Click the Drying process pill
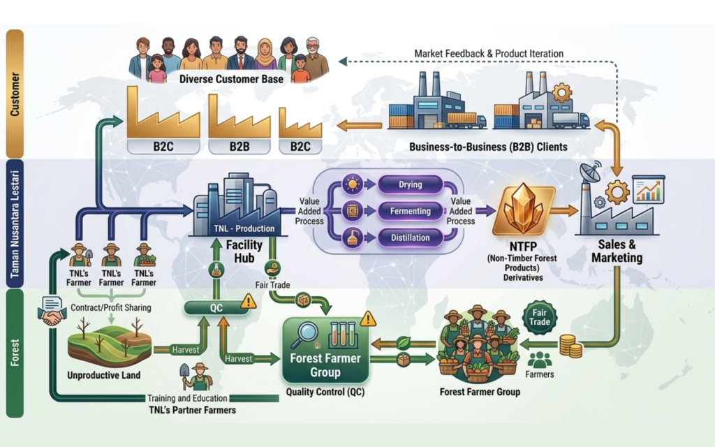(x=409, y=185)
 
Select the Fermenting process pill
(x=409, y=211)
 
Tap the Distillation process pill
(x=409, y=237)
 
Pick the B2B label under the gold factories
(x=238, y=147)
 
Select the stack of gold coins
(x=570, y=345)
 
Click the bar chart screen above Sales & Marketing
(x=649, y=189)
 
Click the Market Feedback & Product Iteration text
(x=489, y=54)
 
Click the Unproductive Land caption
(x=103, y=375)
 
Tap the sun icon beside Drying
(x=351, y=185)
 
